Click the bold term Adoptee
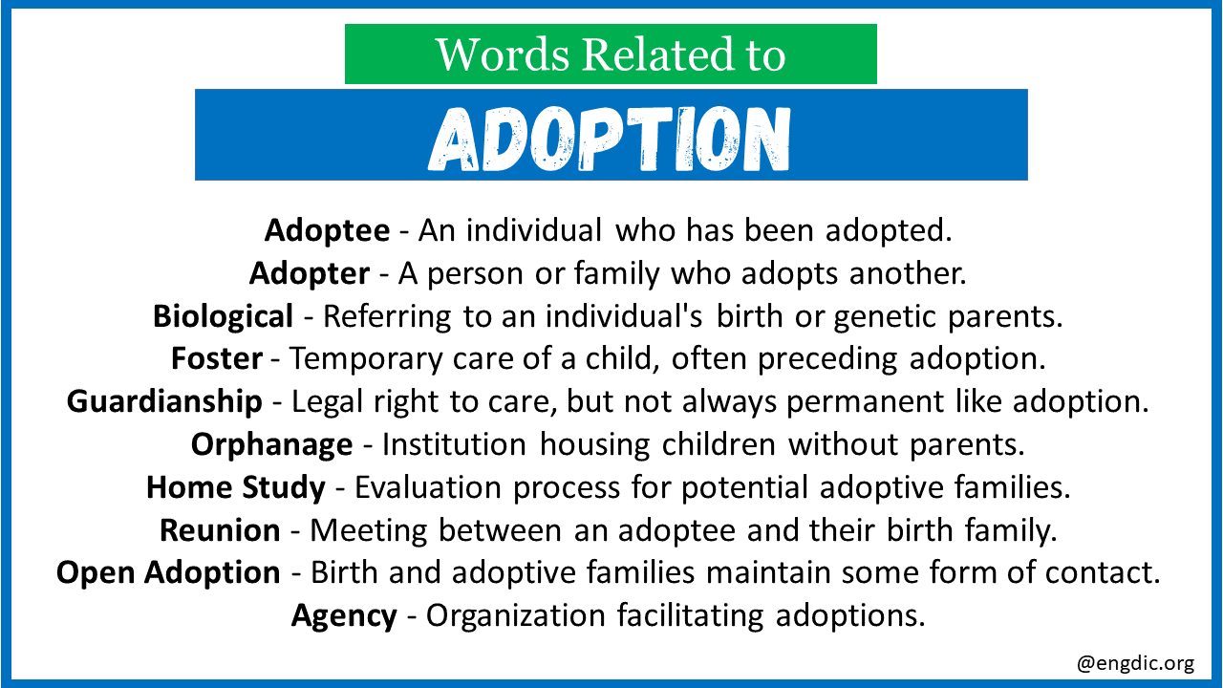tap(327, 230)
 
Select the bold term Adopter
tap(310, 273)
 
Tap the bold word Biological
tap(223, 316)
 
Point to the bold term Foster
tap(217, 358)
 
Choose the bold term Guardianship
tap(164, 402)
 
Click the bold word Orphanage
tap(272, 445)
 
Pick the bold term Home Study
tap(236, 487)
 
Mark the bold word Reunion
tap(220, 530)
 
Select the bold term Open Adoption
tap(168, 572)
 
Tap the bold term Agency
tap(344, 616)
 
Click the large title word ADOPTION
tap(610, 139)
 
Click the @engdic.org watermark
tap(1136, 663)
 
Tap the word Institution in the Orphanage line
tap(454, 444)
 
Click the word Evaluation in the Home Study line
tap(428, 487)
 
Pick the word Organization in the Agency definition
tap(516, 616)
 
